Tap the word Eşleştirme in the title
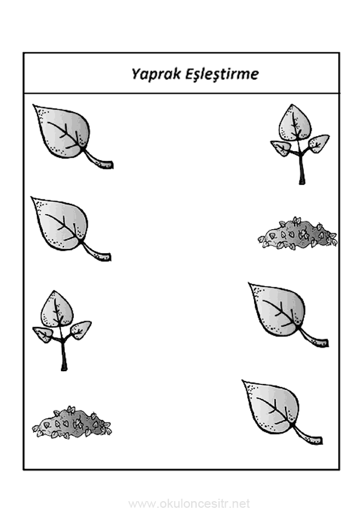222,74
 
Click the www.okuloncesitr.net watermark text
189,504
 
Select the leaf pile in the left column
72,423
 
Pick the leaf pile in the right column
298,233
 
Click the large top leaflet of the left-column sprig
57,309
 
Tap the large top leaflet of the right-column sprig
295,123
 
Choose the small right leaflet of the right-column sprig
319,143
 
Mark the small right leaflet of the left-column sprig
81,330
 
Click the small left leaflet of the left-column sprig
42,335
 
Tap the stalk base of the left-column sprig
64,367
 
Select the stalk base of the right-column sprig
302,181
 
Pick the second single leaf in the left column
71,229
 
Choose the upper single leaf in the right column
288,314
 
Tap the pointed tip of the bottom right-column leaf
244,381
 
